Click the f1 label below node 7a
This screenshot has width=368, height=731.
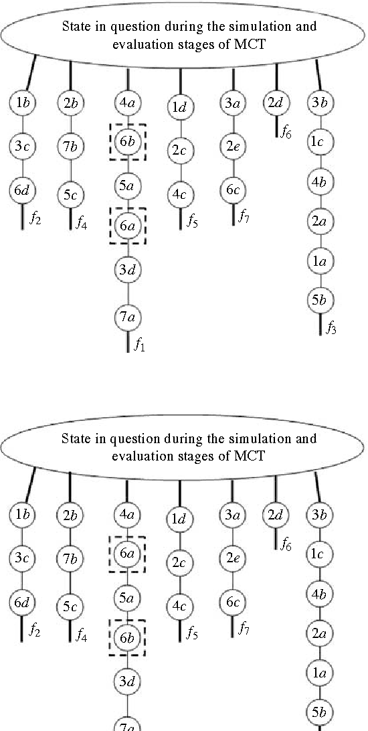(x=140, y=346)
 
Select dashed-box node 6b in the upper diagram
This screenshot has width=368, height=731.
(x=127, y=145)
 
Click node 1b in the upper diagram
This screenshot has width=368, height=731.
(x=21, y=103)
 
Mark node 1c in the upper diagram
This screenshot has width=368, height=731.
(x=318, y=141)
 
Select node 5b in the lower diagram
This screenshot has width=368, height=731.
(x=318, y=711)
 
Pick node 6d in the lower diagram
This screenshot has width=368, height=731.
(x=21, y=602)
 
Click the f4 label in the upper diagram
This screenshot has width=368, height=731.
(x=81, y=222)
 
